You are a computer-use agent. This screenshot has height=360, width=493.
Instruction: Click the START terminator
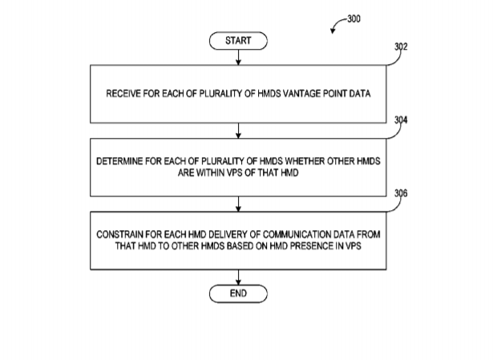[x=238, y=39]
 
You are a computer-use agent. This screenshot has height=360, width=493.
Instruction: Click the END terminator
[x=238, y=293]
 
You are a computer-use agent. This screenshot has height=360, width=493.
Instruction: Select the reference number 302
[x=402, y=48]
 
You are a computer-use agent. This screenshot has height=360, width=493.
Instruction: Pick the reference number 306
[x=402, y=193]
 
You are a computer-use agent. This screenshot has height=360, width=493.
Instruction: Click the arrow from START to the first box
[x=238, y=55]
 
